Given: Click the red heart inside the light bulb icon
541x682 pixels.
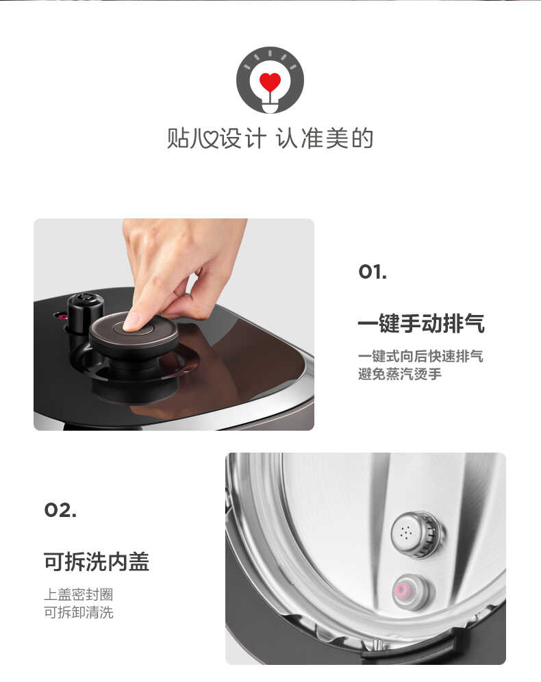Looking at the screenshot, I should [x=270, y=82].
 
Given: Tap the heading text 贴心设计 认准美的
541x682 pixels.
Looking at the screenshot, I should [x=270, y=138].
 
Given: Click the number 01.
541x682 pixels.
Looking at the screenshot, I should [x=373, y=272].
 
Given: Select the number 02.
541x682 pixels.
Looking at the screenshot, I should [x=60, y=510].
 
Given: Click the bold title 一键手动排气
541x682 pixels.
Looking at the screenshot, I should [x=420, y=323].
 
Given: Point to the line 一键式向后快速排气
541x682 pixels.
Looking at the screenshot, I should [x=420, y=357].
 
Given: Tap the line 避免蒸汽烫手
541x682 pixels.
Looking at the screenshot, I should [x=399, y=375].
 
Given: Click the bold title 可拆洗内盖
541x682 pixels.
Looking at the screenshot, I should [x=97, y=561].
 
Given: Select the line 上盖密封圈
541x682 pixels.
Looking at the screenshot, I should [x=78, y=594].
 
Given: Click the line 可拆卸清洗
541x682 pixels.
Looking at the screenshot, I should [x=78, y=612].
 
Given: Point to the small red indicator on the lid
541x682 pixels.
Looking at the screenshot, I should [x=60, y=316].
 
